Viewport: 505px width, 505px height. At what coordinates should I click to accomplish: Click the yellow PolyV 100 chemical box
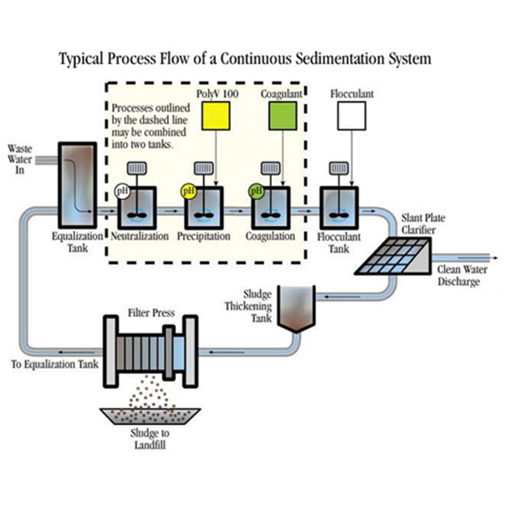pos(216,116)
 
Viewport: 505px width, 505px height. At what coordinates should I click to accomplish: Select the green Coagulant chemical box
pos(283,116)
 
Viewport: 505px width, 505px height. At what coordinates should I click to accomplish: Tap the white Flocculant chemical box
pos(351,116)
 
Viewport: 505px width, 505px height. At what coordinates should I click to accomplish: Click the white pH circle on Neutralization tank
pos(122,192)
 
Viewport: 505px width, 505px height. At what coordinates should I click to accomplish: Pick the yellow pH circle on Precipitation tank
pos(189,192)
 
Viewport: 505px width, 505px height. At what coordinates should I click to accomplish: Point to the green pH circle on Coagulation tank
pos(256,192)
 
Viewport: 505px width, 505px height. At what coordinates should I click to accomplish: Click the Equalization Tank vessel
pos(77,185)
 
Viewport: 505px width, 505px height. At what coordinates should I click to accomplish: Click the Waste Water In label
pos(20,159)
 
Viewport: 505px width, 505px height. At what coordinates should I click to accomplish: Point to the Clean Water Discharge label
pos(462,275)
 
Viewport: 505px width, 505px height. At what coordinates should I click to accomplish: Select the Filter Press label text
pos(151,313)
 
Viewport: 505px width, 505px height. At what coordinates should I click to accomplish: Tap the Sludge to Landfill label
pos(150,439)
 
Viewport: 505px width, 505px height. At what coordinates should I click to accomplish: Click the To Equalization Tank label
pos(55,364)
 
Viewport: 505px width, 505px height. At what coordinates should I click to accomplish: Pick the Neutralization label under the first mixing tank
pos(140,236)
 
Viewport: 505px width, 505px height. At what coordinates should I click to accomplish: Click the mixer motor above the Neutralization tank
pos(137,168)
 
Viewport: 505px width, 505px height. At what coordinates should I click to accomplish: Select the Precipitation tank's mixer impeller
pos(204,215)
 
